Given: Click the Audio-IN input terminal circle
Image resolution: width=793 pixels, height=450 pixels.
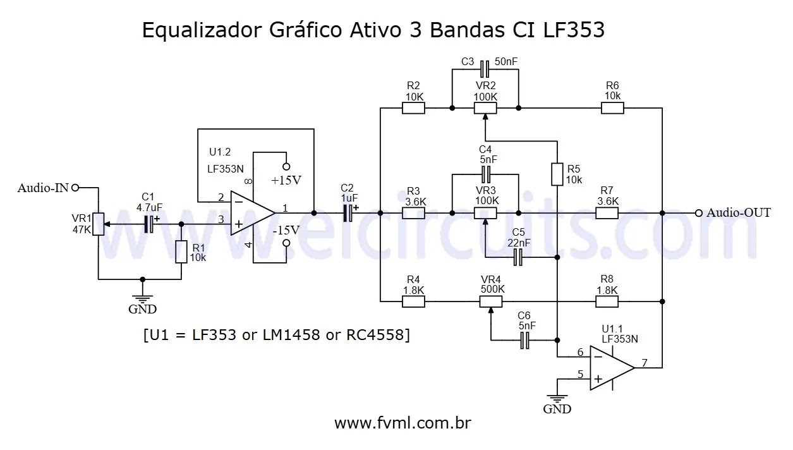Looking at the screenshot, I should [x=75, y=187].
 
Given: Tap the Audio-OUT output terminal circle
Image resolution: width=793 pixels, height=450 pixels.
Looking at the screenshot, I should [x=699, y=213].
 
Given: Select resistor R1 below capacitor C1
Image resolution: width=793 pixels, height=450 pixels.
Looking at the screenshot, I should [x=181, y=252].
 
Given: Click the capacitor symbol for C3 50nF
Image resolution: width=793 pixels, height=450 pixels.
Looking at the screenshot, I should [x=485, y=68].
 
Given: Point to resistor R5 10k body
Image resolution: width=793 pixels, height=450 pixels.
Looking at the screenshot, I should [x=557, y=174].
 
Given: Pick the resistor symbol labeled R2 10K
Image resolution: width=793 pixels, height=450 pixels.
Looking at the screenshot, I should [x=413, y=108].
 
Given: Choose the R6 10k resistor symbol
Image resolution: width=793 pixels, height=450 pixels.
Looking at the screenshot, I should [x=612, y=108].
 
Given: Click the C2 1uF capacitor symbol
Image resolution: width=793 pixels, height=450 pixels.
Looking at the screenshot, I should [x=348, y=214].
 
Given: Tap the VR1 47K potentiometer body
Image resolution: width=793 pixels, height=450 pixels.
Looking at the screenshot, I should [x=98, y=224].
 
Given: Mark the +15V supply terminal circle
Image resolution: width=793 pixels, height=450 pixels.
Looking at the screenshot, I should [x=286, y=167].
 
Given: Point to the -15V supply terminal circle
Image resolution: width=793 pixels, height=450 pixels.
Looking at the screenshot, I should [x=286, y=243].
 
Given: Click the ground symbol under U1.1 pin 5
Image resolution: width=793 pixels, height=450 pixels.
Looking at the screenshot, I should [x=557, y=398].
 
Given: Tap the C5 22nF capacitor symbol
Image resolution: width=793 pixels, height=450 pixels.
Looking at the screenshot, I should [x=518, y=257].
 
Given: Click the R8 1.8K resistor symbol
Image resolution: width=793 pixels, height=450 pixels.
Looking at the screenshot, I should [x=607, y=301].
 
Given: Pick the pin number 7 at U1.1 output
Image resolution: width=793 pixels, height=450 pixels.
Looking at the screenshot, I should [x=644, y=363].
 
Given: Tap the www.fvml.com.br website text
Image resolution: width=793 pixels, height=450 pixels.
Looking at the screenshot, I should [x=403, y=423].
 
